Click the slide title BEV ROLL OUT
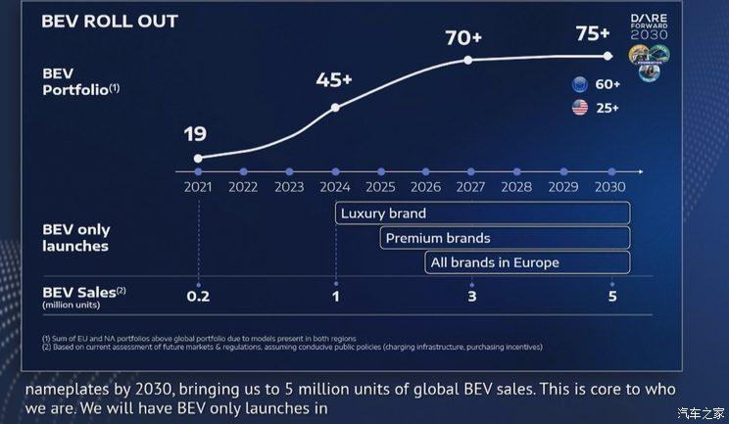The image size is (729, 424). tap(110, 22)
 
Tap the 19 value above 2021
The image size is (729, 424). tap(196, 134)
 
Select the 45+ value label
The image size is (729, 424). tap(335, 80)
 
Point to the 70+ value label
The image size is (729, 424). tap(464, 38)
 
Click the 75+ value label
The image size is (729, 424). tap(593, 33)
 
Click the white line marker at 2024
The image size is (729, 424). tap(335, 107)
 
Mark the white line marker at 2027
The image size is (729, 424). tap(468, 60)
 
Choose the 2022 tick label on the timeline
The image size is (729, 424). tap(243, 186)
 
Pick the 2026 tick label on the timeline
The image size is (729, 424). tap(425, 186)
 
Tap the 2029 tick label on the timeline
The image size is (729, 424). tap(563, 186)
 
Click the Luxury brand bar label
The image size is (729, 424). tap(383, 212)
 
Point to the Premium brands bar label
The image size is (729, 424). tap(438, 238)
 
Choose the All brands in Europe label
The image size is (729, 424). tap(495, 262)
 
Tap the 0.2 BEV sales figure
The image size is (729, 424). tap(198, 296)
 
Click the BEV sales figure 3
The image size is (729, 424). tap(471, 296)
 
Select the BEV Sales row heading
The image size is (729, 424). tap(85, 293)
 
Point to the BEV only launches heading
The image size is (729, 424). tap(75, 238)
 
